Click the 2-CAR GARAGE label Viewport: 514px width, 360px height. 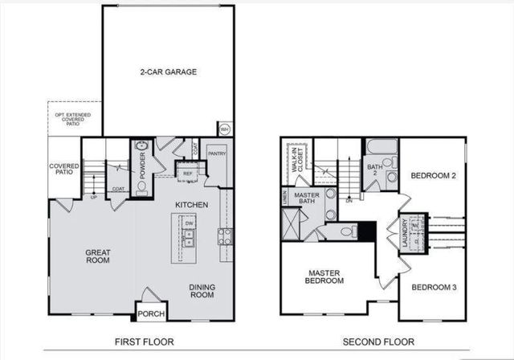[x=167, y=72]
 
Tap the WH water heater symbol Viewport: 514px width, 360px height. [x=225, y=128]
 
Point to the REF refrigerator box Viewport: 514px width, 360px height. [x=188, y=172]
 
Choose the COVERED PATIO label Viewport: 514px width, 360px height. [x=63, y=170]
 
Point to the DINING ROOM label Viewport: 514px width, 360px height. [x=201, y=291]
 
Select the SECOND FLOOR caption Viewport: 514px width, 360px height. [x=373, y=342]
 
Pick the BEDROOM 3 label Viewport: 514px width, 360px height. [x=433, y=287]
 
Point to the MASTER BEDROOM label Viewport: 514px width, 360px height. [x=325, y=277]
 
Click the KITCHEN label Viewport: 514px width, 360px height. [x=192, y=205]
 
